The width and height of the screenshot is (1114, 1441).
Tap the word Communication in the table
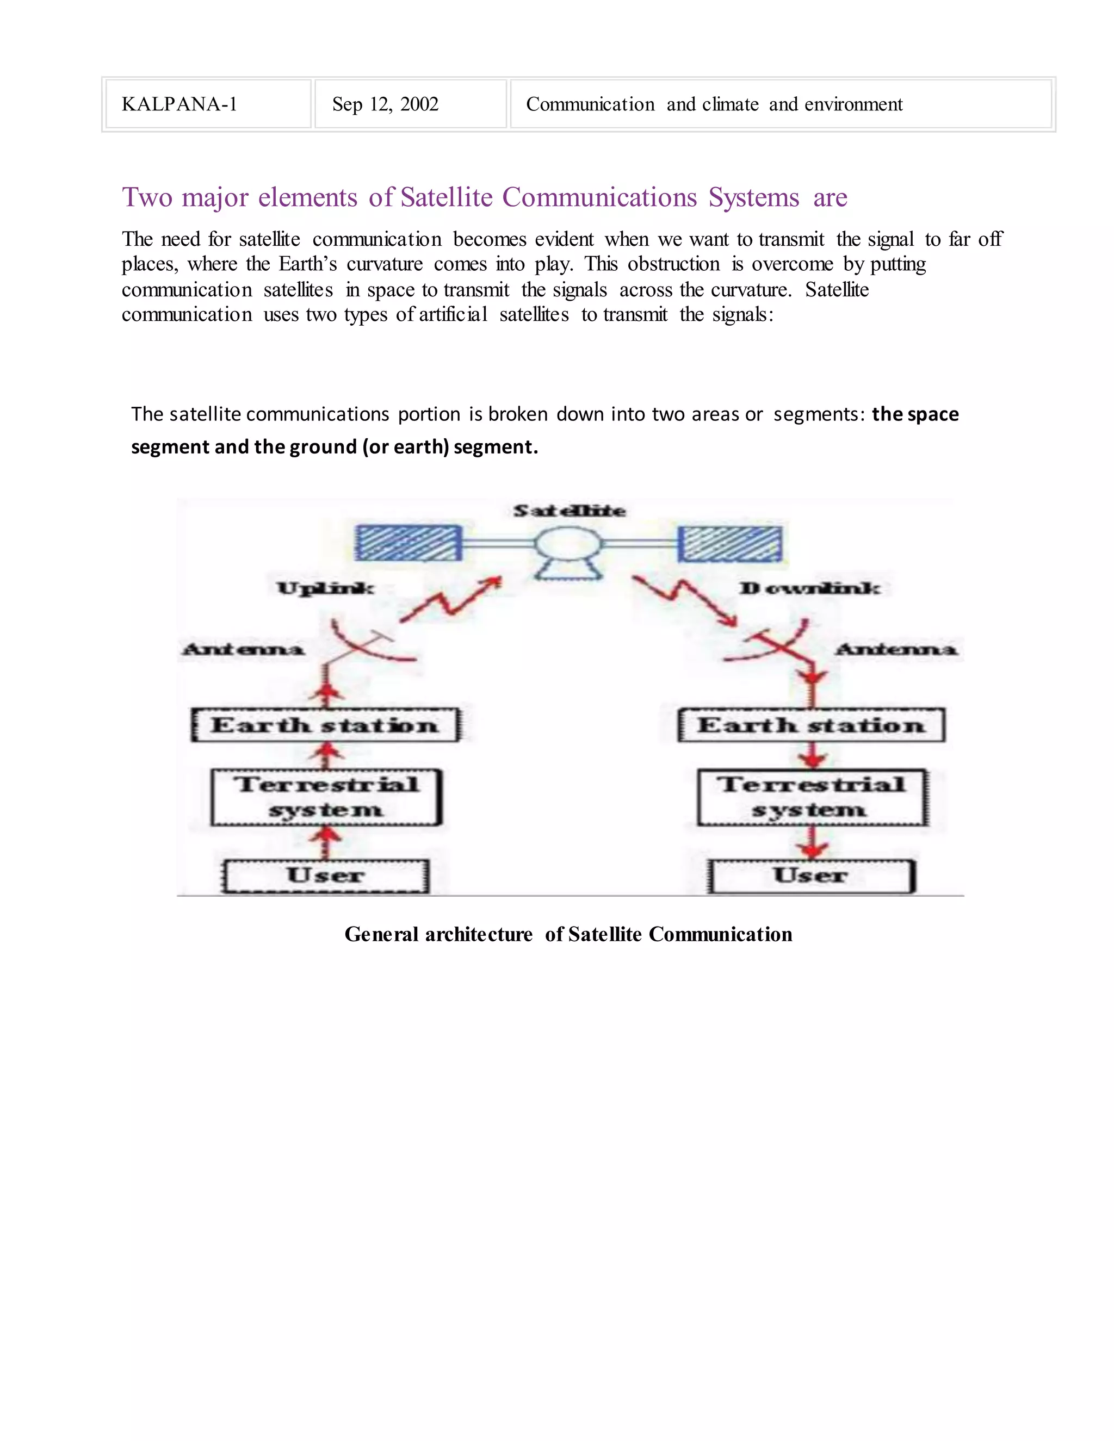click(590, 104)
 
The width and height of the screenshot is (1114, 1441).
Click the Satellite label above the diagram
click(570, 511)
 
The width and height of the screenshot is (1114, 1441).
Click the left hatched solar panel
click(407, 543)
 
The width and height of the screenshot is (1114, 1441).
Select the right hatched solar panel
click(730, 544)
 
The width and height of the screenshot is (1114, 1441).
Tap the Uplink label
click(325, 588)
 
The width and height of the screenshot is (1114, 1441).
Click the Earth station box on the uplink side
click(325, 725)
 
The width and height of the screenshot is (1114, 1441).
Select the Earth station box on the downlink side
click(811, 725)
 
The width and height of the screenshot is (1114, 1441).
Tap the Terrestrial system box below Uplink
click(326, 797)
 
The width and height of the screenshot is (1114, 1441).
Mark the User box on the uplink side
click(325, 875)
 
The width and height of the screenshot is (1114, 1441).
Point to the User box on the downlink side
click(811, 875)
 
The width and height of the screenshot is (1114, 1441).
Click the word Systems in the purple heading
click(754, 197)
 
